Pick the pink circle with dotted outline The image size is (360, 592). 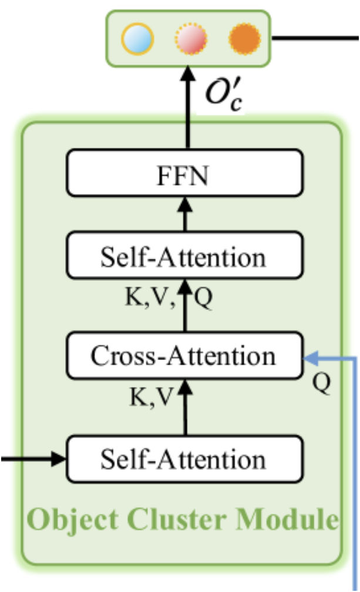(x=191, y=39)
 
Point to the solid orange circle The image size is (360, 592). (x=244, y=39)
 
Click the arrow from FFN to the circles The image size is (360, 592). (x=187, y=106)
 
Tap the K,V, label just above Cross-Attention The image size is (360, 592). (x=152, y=298)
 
